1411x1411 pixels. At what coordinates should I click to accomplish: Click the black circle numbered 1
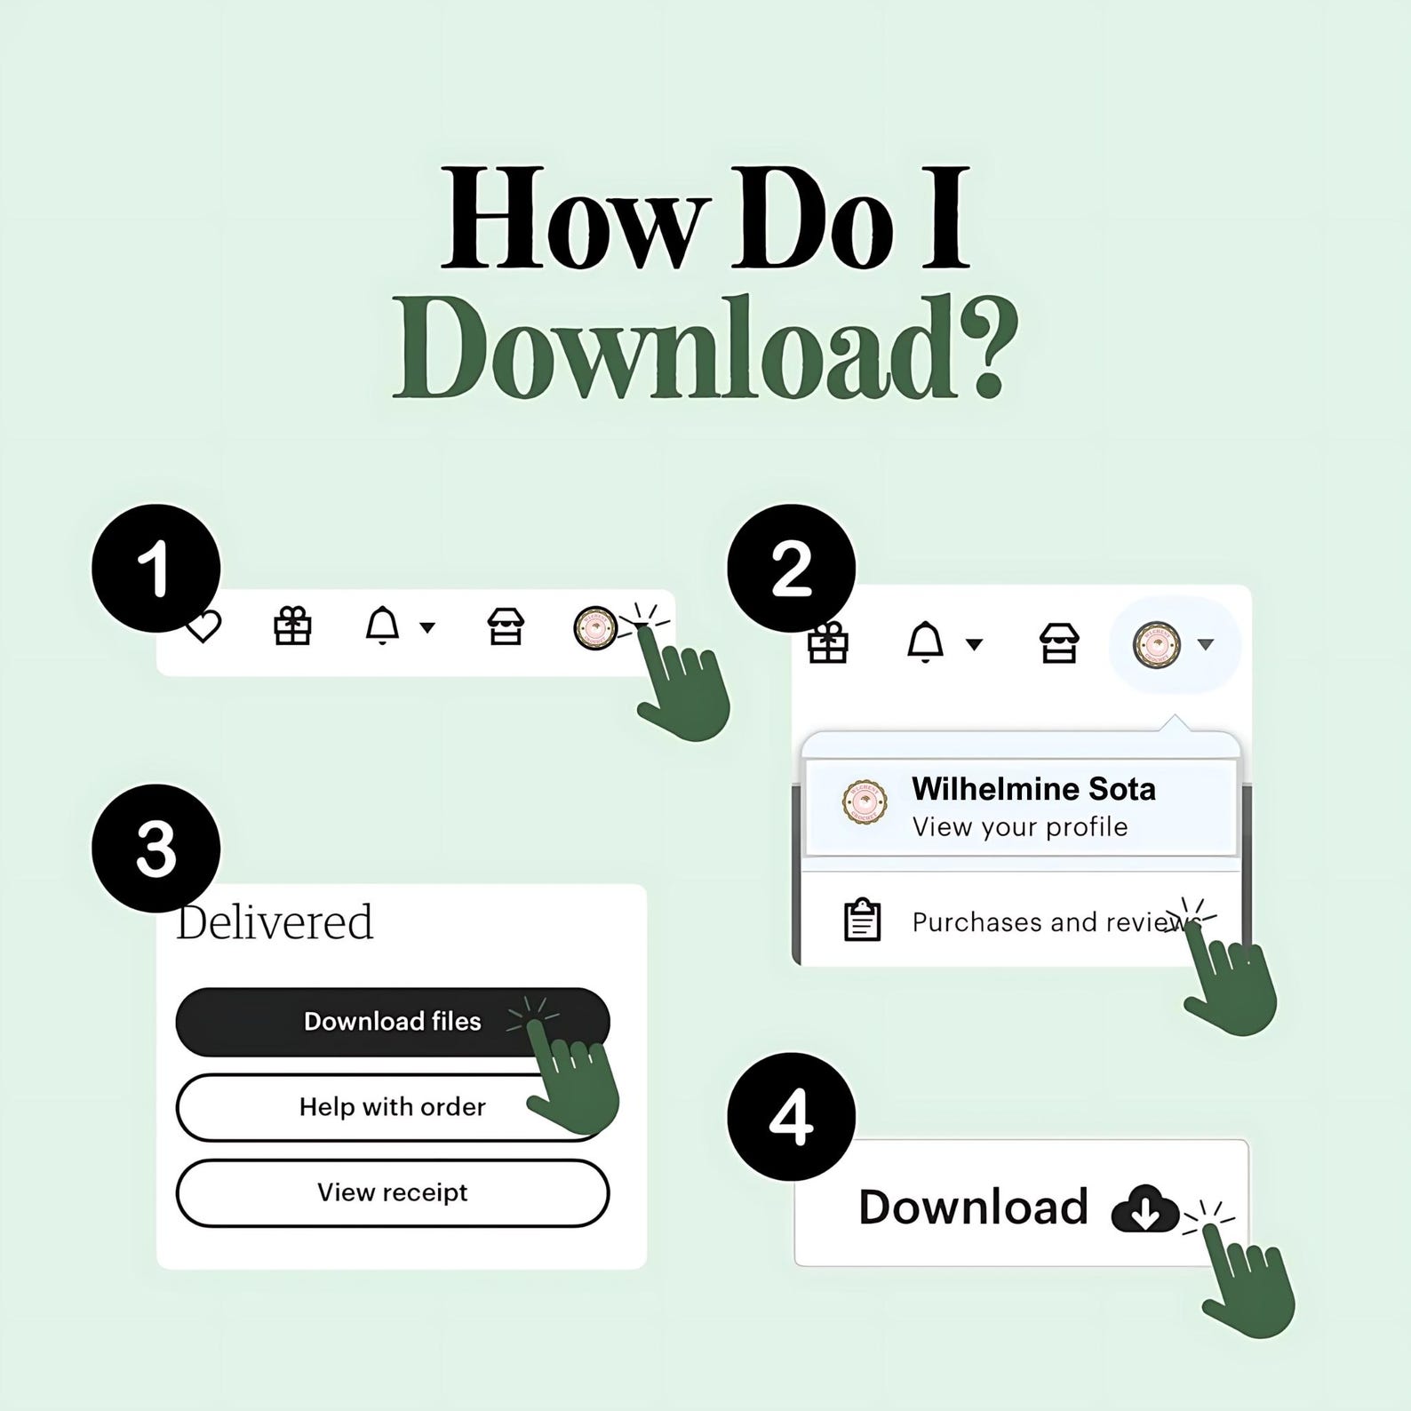[x=156, y=569]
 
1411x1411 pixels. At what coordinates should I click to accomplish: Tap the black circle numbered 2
[x=792, y=569]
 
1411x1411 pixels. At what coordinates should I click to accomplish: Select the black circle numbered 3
[x=156, y=849]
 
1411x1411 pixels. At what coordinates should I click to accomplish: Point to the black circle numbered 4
[x=792, y=1117]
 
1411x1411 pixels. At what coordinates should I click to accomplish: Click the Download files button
[x=393, y=1022]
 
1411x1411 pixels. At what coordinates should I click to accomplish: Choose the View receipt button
[x=393, y=1192]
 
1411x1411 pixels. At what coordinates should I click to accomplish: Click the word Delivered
[x=275, y=921]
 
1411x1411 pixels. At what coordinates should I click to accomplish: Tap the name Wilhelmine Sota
[x=1033, y=789]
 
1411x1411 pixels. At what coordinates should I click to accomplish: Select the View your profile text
[x=1020, y=827]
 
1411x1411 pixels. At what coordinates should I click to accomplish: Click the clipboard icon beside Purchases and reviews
[x=862, y=920]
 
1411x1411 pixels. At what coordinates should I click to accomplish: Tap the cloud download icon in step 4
[x=1144, y=1208]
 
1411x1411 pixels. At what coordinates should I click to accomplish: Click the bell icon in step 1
[x=382, y=626]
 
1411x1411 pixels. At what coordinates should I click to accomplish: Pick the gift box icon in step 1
[x=292, y=626]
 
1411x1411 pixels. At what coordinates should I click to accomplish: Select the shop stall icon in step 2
[x=1059, y=643]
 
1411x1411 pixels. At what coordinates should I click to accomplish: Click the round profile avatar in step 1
[x=595, y=627]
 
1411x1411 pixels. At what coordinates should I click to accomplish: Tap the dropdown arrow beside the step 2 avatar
[x=1206, y=644]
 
